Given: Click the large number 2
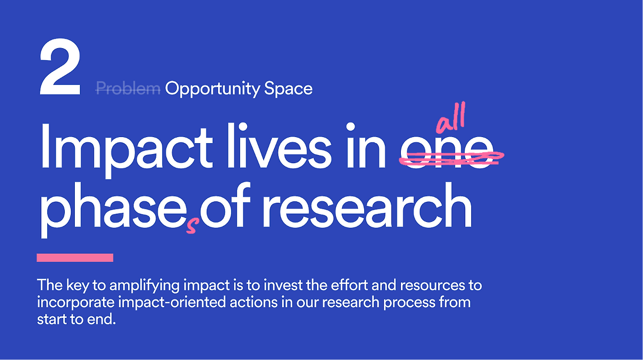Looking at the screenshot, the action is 60,67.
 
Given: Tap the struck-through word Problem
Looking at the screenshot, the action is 128,88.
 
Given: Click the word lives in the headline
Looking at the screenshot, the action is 279,146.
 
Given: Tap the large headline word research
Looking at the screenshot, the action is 367,205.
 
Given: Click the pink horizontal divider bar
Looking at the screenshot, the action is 75,258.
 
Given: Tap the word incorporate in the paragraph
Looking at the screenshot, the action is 75,303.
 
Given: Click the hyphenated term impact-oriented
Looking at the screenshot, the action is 172,303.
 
